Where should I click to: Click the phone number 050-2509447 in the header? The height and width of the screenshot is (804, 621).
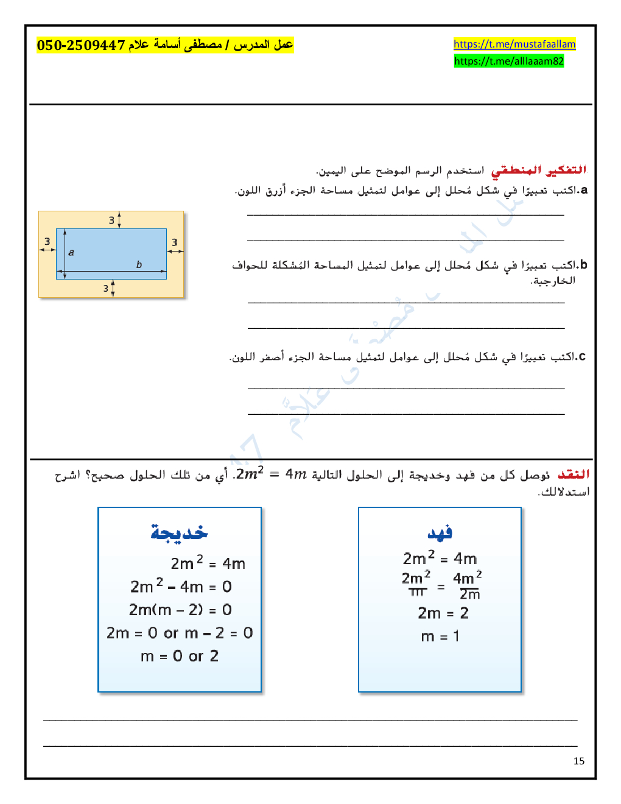pos(81,45)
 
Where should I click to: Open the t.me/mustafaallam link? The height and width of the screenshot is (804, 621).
pos(514,44)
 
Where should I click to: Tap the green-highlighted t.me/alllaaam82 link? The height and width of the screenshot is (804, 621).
pos(509,61)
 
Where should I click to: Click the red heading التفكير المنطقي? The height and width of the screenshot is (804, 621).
pos(539,170)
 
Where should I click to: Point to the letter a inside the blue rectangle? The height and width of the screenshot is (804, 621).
pos(71,252)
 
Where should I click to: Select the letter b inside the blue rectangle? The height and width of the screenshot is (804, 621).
pos(139,264)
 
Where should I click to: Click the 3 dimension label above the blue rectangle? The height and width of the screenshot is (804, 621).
pos(111,220)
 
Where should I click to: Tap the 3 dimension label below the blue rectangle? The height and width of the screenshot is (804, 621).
pos(106,289)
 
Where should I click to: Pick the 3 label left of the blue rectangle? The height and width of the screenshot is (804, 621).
pos(47,242)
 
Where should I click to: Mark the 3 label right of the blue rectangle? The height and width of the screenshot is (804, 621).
pos(175,242)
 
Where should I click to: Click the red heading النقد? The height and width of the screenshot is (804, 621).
pos(574,474)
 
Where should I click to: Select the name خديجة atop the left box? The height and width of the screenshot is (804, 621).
pos(179,533)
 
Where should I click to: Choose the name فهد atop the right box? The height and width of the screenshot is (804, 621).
pos(440,533)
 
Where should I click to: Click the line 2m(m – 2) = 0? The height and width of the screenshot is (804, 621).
pos(180,610)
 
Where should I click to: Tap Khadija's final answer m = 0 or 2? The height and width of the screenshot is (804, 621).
pos(180,656)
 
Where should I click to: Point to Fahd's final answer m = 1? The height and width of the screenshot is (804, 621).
pos(440,636)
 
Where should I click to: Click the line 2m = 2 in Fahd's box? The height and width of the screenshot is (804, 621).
pos(443,613)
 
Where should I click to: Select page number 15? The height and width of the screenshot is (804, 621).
pos(579,761)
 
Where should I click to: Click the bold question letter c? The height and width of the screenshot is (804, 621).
pos(582,356)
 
